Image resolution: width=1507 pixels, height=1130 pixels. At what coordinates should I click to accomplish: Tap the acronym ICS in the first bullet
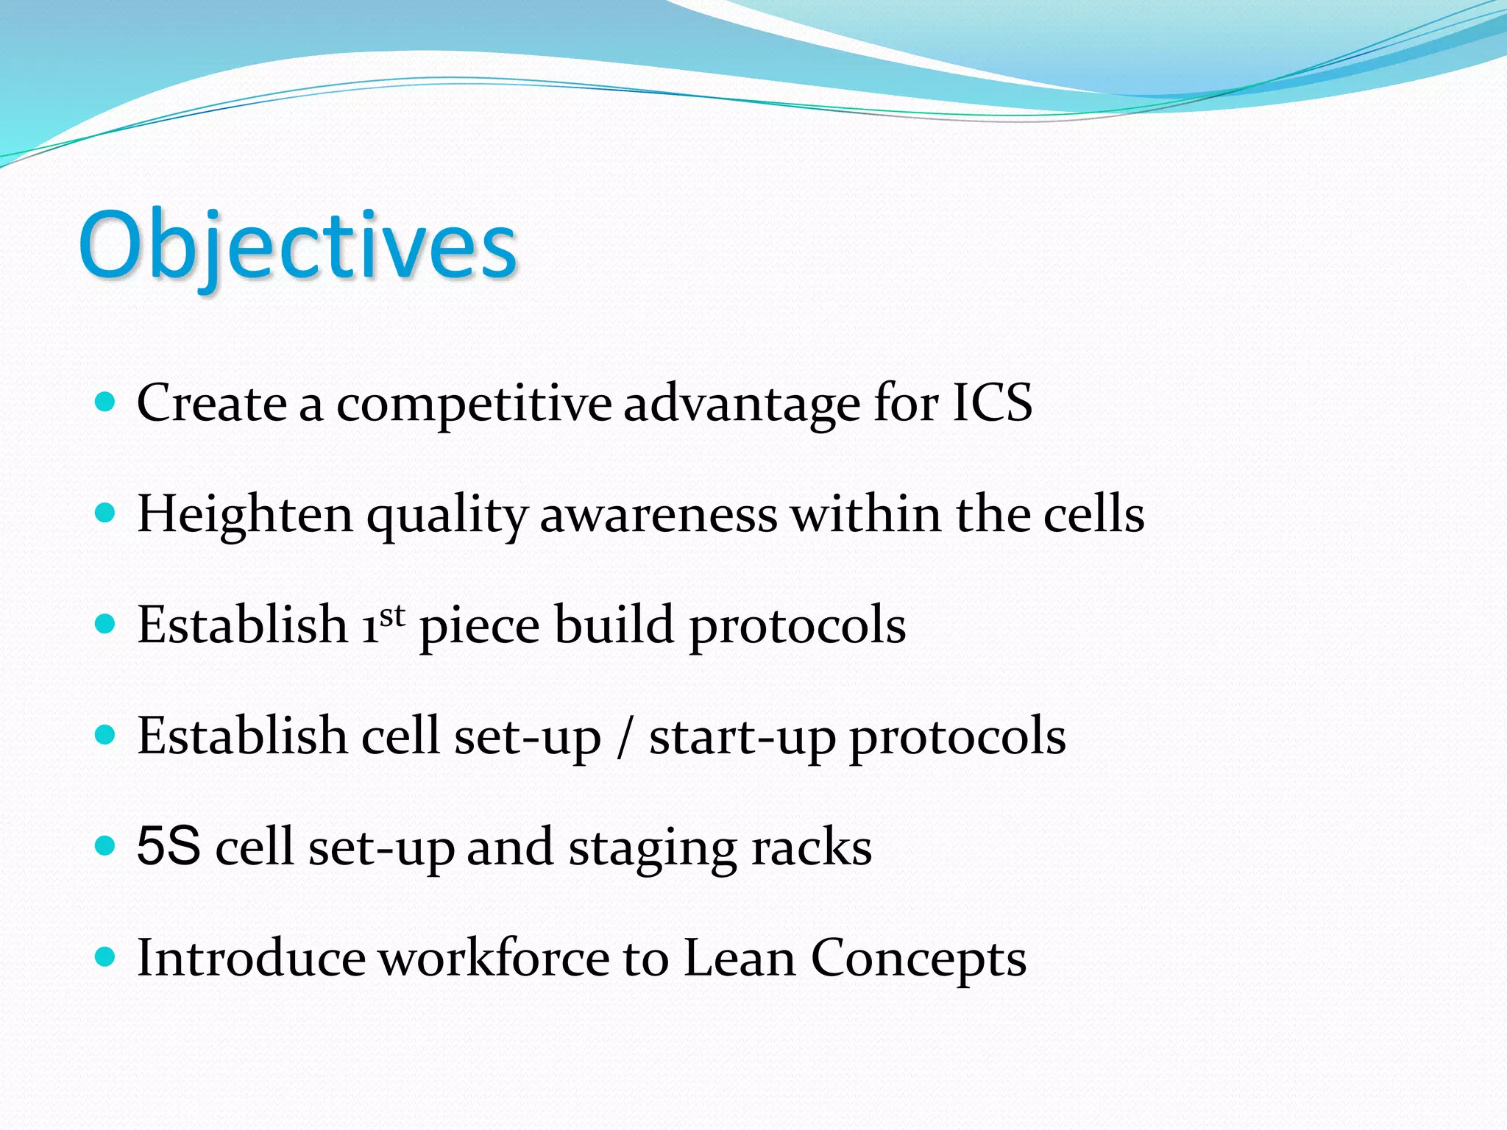(992, 403)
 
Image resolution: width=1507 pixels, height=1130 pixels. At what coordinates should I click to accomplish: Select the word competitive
(473, 405)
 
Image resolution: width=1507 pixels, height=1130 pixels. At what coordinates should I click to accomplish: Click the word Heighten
(245, 515)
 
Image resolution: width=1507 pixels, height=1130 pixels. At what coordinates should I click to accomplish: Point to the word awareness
(659, 515)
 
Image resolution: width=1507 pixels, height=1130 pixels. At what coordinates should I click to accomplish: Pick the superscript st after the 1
(392, 615)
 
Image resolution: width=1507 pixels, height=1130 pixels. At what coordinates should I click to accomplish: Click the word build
(614, 625)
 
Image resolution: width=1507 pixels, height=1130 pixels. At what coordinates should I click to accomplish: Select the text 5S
(169, 846)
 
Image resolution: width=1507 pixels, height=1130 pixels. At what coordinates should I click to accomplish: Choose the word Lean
(740, 959)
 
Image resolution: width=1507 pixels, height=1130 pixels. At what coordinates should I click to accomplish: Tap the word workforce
(494, 959)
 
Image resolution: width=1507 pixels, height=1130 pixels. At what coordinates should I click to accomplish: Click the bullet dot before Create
(106, 402)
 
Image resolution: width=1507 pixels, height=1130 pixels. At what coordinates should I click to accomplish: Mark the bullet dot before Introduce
(106, 956)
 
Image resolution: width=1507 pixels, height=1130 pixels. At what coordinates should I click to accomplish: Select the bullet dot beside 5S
(106, 845)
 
